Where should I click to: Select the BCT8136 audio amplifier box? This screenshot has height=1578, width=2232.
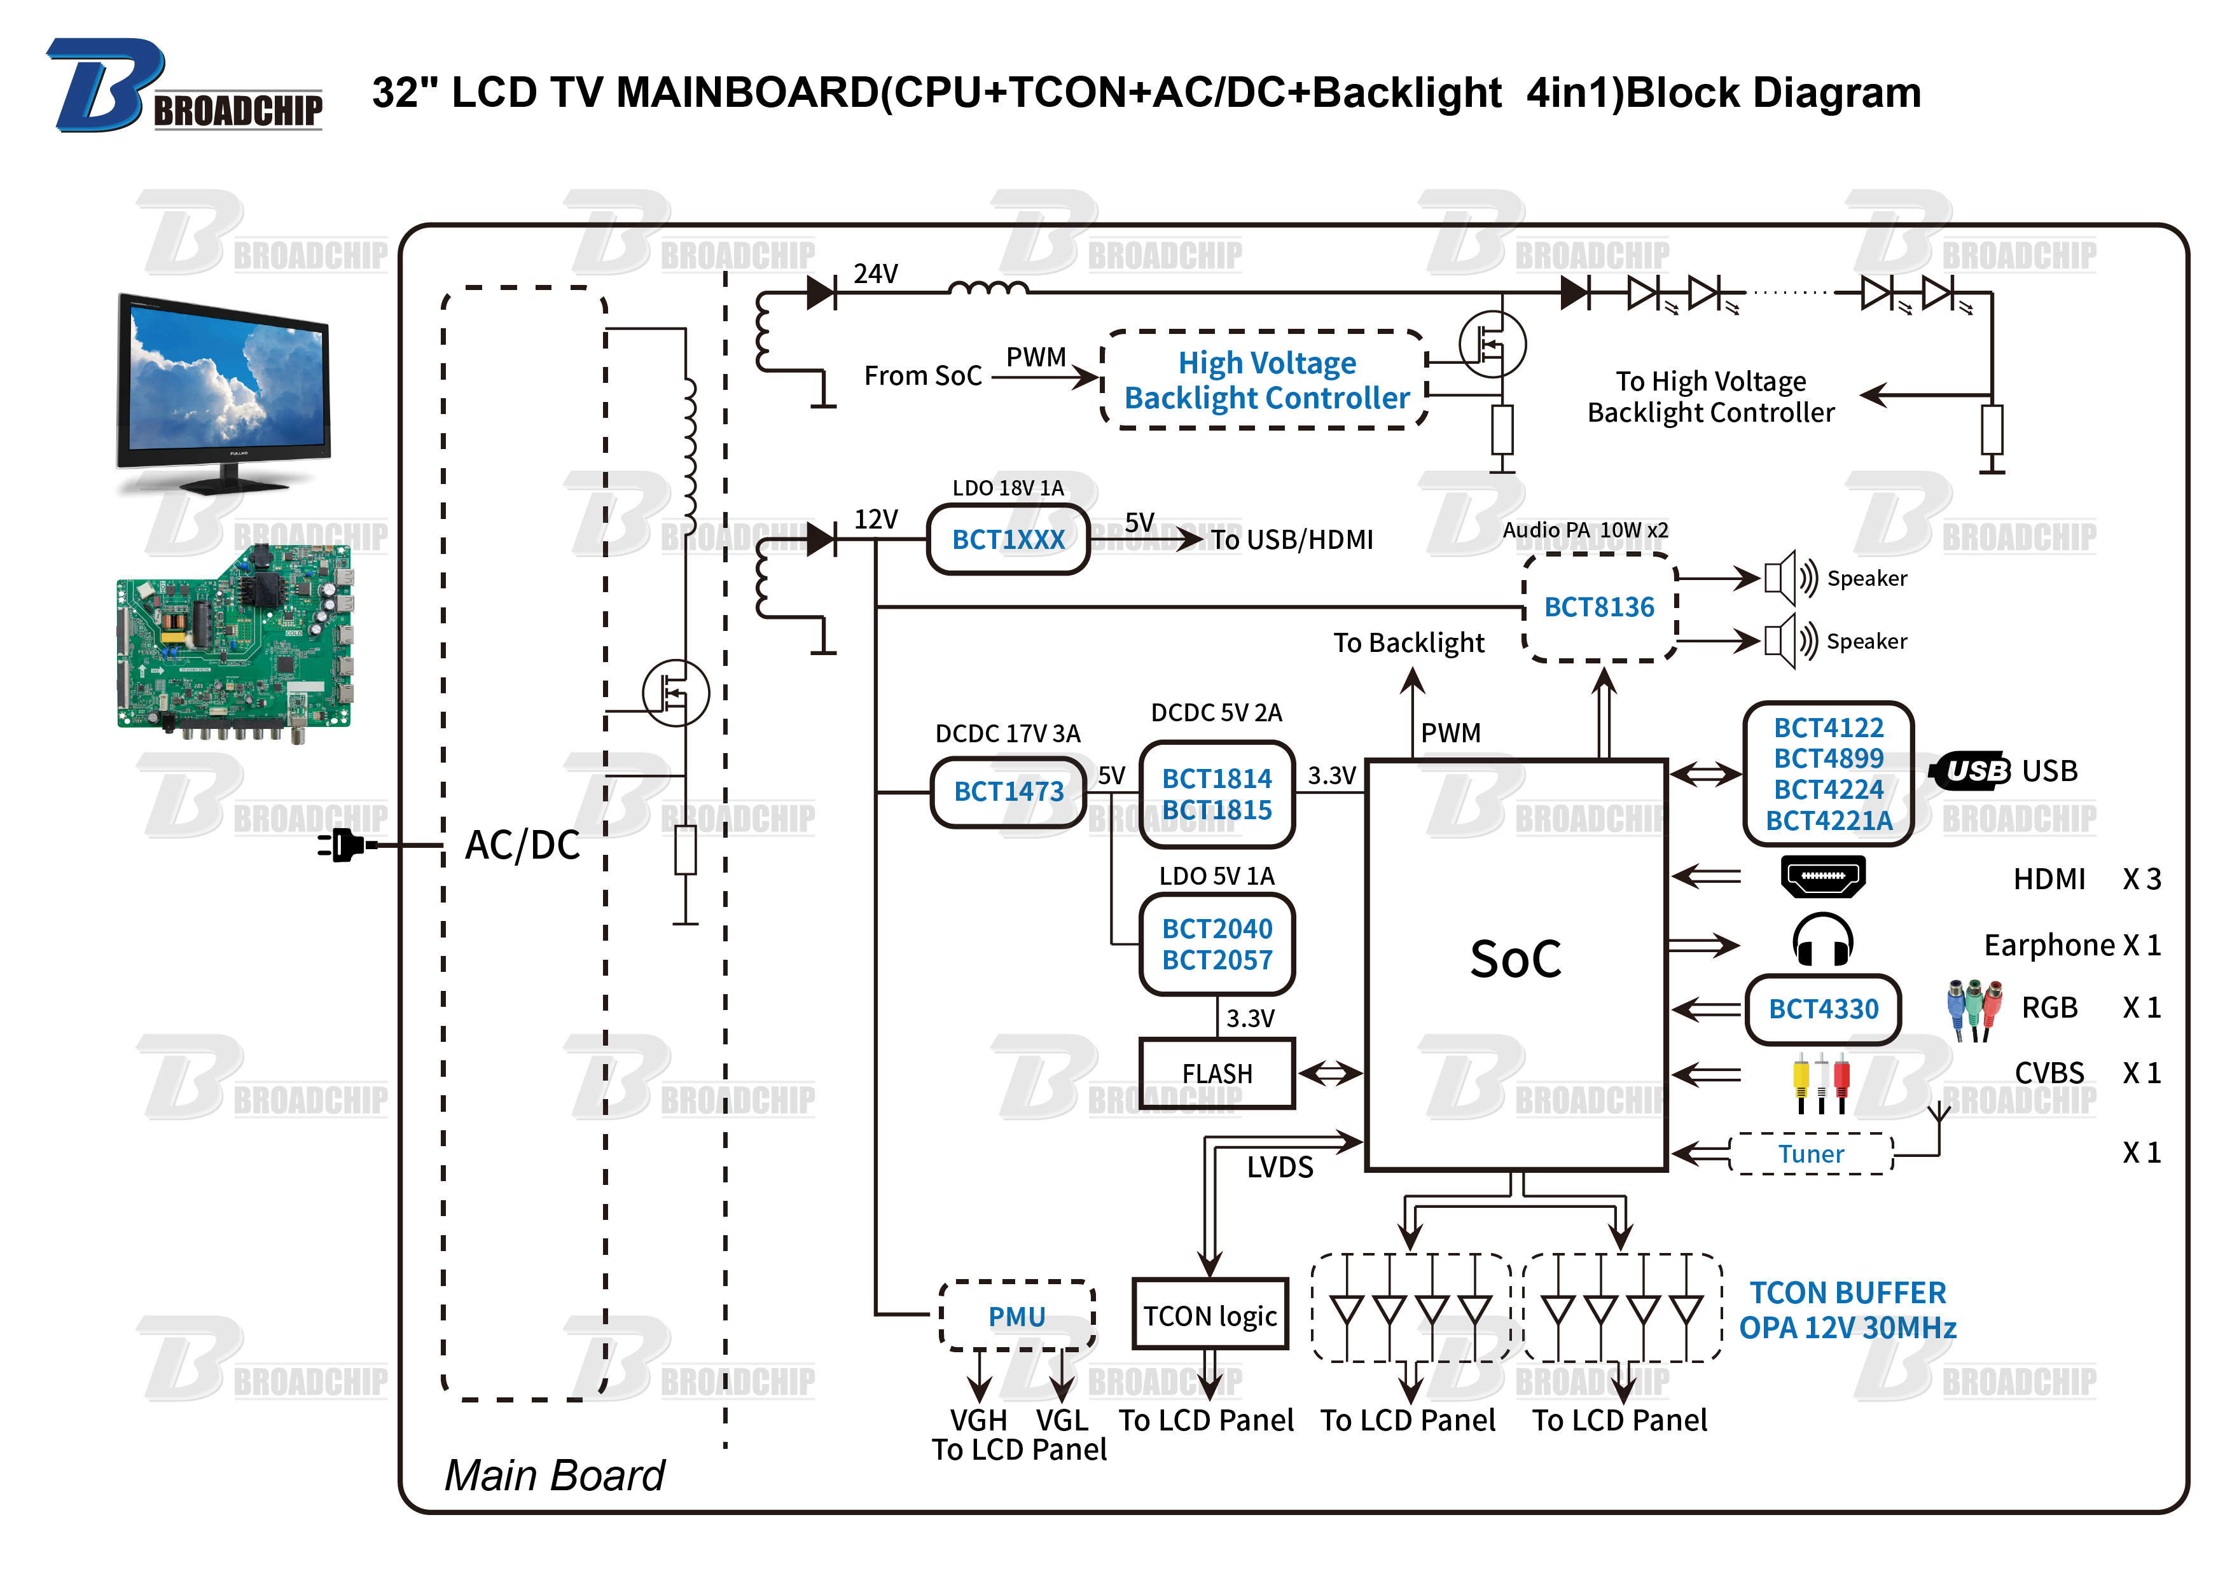(1598, 607)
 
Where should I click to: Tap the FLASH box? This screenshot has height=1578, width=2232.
(1216, 1074)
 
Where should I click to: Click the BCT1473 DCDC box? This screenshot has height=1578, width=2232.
(1008, 791)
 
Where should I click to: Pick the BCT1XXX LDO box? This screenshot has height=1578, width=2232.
(1008, 539)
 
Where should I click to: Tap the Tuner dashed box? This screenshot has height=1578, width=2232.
(1811, 1154)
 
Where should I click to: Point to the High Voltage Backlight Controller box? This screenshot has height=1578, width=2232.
(1266, 380)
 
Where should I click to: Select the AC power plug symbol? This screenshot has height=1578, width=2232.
(343, 844)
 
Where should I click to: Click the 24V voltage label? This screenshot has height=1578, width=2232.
(875, 274)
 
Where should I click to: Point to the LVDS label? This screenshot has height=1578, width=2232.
(1279, 1166)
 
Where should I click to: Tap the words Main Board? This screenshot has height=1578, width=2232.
(554, 1475)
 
